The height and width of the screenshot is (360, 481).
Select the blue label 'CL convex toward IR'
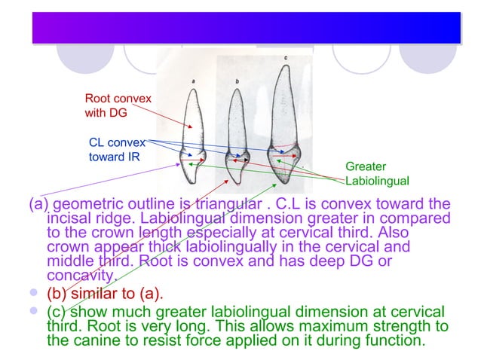112,149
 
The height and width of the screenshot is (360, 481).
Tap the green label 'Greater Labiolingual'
376,173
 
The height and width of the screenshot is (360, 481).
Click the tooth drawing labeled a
195,136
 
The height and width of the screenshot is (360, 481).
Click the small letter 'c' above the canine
285,57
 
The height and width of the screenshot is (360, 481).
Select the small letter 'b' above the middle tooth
237,80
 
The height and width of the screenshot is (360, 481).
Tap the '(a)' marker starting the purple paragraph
39,204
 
